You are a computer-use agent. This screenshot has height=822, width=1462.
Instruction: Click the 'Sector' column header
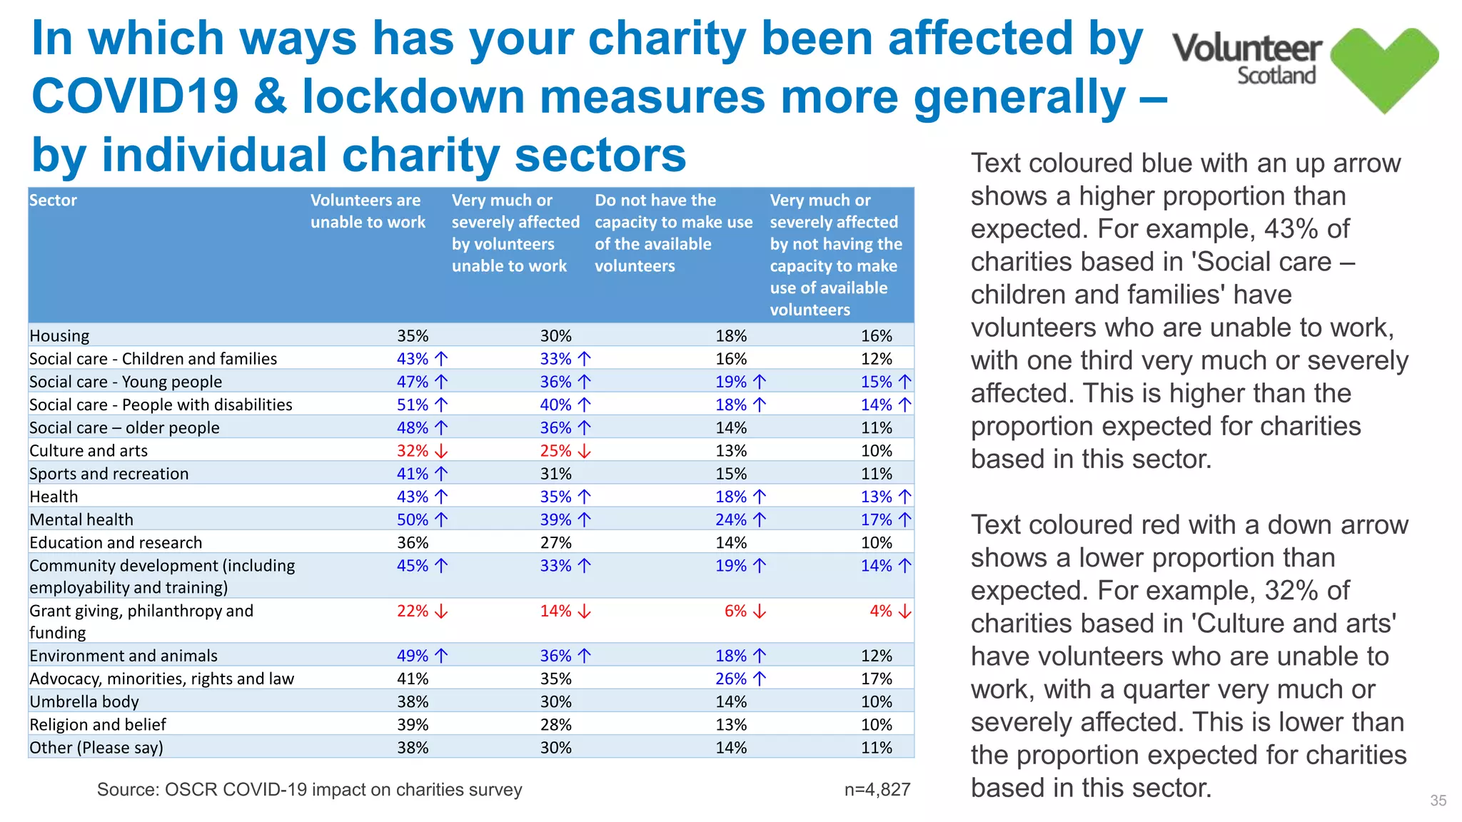coord(54,201)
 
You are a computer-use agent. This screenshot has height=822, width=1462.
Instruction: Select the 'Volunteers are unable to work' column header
coord(367,211)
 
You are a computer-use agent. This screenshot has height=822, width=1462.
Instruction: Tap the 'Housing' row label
coord(59,336)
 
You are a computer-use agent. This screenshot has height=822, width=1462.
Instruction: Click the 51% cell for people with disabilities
coord(413,405)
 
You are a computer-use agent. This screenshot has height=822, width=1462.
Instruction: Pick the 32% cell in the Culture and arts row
coord(413,451)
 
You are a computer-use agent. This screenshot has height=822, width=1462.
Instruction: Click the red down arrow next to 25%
coord(585,451)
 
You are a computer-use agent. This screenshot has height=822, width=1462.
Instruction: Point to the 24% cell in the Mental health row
coord(731,520)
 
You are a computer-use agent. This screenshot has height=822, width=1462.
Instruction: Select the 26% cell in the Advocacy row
coord(731,679)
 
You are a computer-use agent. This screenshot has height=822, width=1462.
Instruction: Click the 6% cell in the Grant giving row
coord(735,612)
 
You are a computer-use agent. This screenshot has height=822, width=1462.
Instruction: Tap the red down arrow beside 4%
coord(904,612)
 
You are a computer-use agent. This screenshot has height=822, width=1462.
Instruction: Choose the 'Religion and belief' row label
coord(98,725)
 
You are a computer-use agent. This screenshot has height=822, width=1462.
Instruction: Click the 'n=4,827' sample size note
coord(877,790)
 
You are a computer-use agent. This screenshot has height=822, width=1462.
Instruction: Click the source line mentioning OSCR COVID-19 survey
coord(309,790)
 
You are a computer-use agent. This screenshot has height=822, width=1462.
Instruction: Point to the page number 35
coord(1438,801)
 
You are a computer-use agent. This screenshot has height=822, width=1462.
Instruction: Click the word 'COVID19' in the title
coord(135,96)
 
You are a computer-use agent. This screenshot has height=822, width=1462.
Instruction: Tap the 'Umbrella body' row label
coord(84,702)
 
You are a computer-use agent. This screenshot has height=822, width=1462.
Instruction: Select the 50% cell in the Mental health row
coord(413,520)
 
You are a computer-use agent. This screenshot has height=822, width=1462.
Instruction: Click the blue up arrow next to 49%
coord(442,656)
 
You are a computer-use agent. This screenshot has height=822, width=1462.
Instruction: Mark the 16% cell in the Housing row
coord(876,336)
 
